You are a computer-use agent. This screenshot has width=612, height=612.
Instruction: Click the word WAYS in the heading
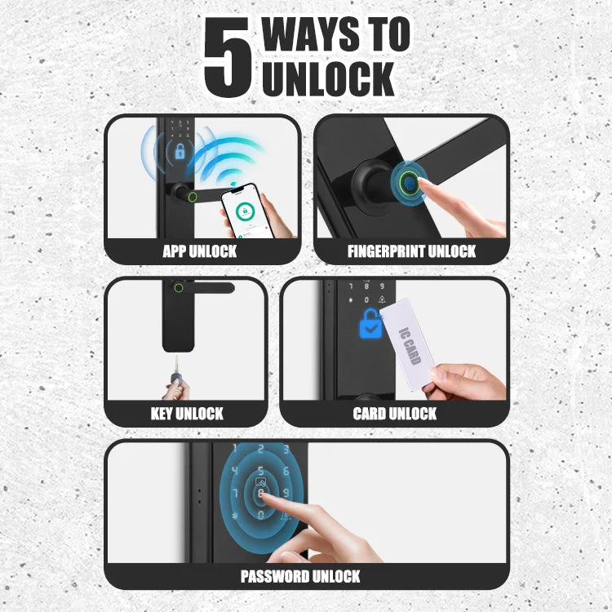(311, 34)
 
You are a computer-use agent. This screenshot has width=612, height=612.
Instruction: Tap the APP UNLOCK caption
(199, 251)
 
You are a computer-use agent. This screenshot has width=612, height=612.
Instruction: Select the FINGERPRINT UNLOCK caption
(411, 251)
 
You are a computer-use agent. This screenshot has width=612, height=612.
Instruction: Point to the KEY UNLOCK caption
(187, 414)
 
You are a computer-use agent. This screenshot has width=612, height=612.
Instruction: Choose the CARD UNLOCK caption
(395, 414)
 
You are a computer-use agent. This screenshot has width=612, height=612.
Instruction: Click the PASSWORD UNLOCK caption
(300, 576)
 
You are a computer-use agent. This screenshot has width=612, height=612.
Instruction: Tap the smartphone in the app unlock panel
(247, 211)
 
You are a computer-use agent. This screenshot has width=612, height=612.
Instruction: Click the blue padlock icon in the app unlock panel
(180, 151)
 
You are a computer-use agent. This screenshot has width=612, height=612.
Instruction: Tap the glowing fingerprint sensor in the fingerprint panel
(410, 183)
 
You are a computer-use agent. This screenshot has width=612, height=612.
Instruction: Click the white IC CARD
(407, 344)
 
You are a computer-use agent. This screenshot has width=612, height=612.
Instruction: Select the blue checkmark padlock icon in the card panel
(370, 324)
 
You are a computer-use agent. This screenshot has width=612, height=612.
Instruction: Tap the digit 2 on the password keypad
(261, 450)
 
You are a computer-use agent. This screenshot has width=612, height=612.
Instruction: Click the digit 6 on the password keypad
(286, 471)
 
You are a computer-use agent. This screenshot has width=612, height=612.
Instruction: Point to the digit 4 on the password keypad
(235, 471)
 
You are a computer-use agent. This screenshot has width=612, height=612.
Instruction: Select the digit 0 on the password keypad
(261, 516)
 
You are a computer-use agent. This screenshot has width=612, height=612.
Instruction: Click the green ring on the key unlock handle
(179, 288)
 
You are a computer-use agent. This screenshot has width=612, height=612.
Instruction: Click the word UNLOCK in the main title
(328, 78)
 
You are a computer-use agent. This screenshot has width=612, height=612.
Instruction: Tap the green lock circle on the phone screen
(245, 211)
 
